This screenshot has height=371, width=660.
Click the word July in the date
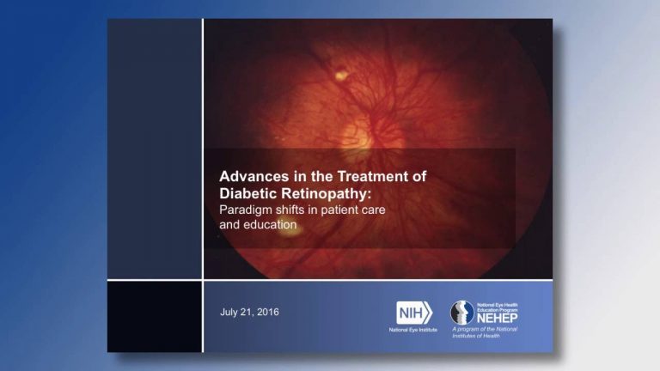[x=229, y=312]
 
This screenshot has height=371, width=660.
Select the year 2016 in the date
[x=268, y=312]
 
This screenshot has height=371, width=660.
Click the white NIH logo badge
[x=413, y=313]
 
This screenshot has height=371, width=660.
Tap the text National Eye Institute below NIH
[x=412, y=330]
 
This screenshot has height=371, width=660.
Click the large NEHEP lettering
[x=497, y=318]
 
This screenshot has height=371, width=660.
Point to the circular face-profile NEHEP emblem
[x=462, y=313]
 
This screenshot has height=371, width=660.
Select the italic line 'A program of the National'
[x=485, y=330]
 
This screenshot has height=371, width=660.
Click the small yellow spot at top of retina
[x=341, y=76]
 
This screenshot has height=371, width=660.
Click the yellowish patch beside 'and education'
[x=289, y=230]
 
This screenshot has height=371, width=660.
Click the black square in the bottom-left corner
[x=155, y=317]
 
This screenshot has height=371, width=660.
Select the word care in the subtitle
[x=373, y=210]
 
